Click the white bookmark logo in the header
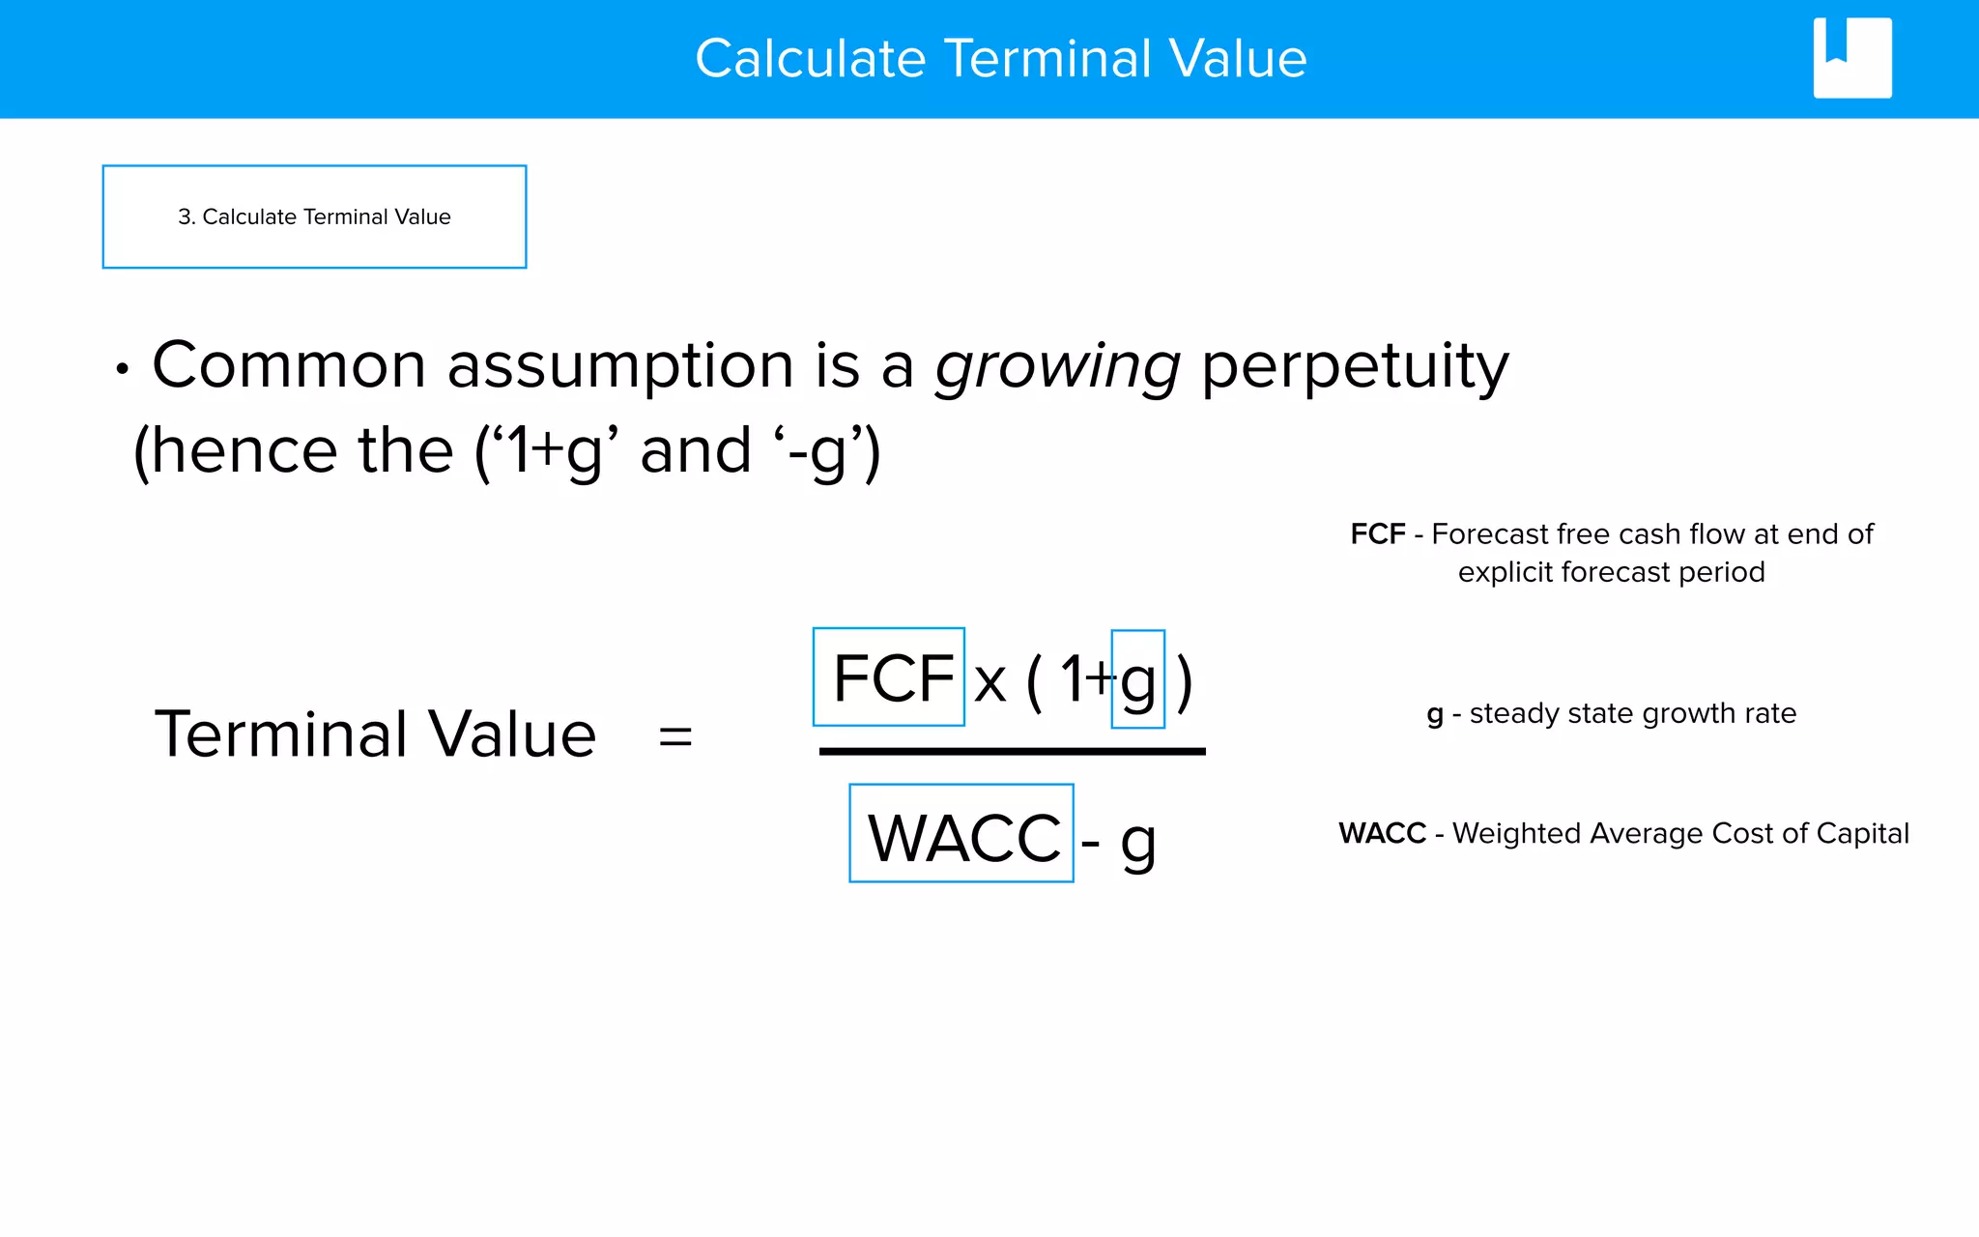click(1851, 58)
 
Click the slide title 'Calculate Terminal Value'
click(1000, 58)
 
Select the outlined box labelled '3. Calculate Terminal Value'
click(314, 216)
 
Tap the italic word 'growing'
click(1057, 367)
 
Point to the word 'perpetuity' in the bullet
click(1354, 367)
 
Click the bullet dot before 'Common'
click(122, 369)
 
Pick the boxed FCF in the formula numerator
click(889, 677)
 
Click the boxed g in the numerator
click(1138, 680)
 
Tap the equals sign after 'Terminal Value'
click(674, 736)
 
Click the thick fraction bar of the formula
click(1012, 751)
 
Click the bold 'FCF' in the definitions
click(1377, 534)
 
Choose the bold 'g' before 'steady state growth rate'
click(1435, 715)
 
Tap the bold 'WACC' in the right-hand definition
click(1382, 833)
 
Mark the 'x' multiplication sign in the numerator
click(989, 682)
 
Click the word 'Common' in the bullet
click(289, 367)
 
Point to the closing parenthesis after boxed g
click(1185, 680)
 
